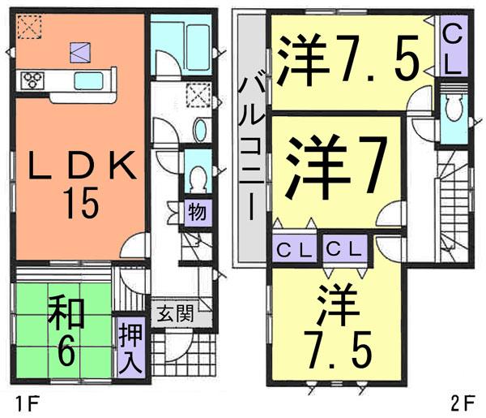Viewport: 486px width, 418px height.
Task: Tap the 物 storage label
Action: pyautogui.click(x=197, y=213)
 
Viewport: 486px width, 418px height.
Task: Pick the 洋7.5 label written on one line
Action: pyautogui.click(x=349, y=58)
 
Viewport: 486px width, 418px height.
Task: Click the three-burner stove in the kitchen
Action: pyautogui.click(x=33, y=80)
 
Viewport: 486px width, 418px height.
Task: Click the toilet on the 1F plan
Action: pyautogui.click(x=195, y=178)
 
